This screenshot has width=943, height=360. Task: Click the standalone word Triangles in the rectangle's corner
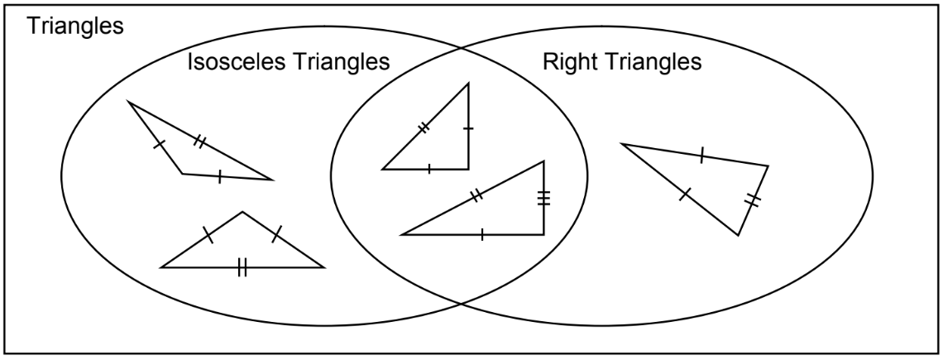[x=75, y=26]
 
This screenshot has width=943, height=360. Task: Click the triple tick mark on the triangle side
[x=543, y=198]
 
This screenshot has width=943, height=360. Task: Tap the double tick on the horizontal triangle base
[x=242, y=267]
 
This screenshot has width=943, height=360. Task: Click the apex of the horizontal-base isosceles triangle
[x=242, y=212]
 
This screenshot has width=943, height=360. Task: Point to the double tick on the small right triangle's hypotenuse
[x=424, y=127]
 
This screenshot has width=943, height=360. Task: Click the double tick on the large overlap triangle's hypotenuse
[x=476, y=196]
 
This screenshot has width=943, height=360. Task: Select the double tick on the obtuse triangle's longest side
[x=199, y=142]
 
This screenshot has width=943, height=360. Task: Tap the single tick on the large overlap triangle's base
[x=481, y=235]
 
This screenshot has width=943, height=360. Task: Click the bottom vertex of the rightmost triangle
[x=739, y=235]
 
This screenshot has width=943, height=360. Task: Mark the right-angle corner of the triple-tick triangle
[x=543, y=234]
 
